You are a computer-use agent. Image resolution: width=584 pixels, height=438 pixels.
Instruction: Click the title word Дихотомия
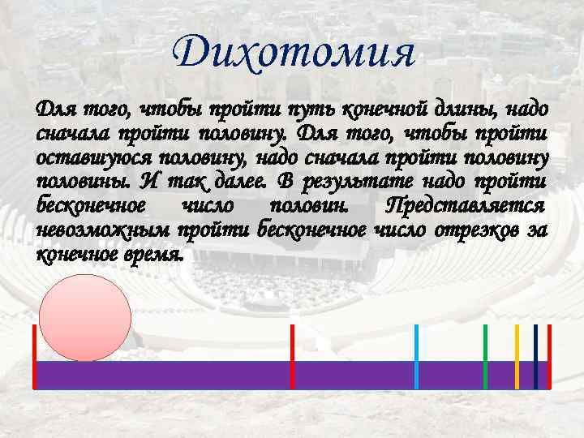click(x=294, y=54)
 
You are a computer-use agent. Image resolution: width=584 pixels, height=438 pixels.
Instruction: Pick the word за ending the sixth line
click(x=537, y=230)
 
